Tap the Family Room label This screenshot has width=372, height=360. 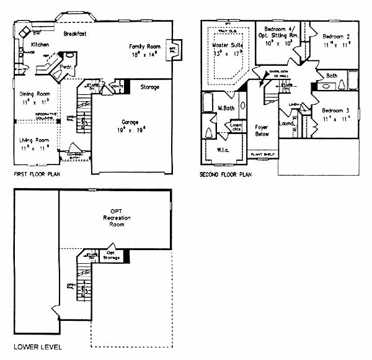pos(144,47)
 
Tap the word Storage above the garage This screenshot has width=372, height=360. pos(149,86)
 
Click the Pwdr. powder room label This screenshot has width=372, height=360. pos(68,66)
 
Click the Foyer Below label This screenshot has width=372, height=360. pos(262,131)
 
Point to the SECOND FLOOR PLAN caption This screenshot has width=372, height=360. pos(225,175)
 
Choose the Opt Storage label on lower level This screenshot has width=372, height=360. pos(110,255)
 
